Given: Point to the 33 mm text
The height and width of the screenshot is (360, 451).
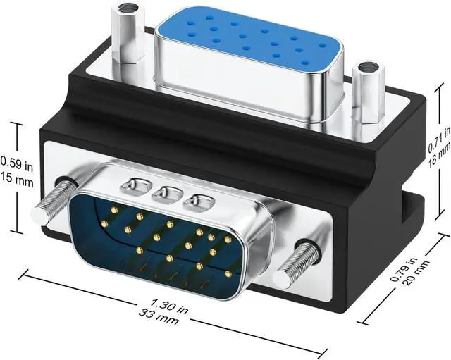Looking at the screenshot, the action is point(158,316).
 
